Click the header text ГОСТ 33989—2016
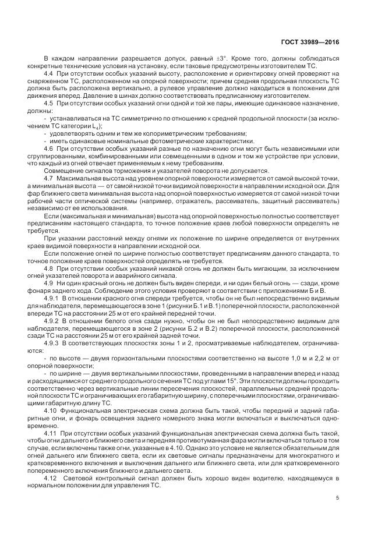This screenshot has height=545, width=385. (313, 42)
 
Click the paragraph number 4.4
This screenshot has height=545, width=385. (48, 75)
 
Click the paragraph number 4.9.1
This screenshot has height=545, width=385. (51, 297)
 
